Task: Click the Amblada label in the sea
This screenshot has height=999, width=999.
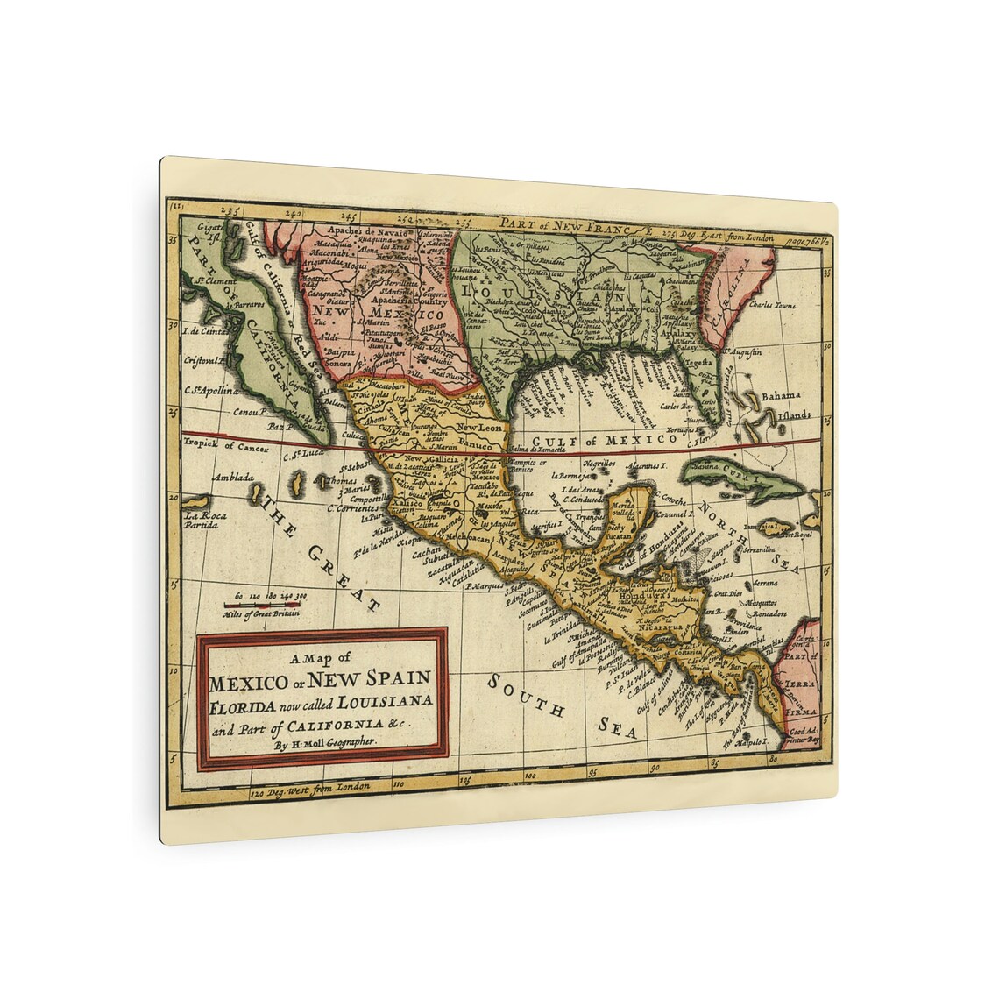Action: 233,478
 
